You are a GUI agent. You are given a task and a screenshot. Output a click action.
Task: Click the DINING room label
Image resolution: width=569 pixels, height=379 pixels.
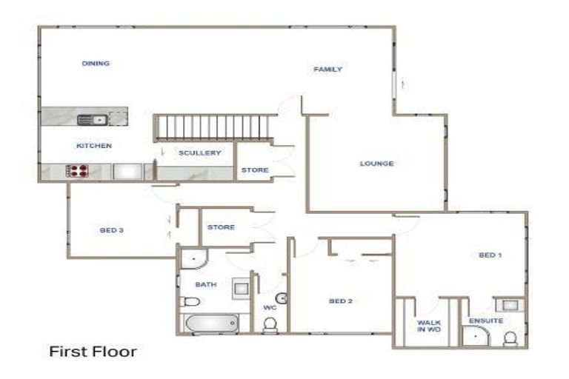(96, 64)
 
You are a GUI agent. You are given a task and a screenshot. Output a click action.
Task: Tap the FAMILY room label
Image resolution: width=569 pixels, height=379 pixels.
(327, 70)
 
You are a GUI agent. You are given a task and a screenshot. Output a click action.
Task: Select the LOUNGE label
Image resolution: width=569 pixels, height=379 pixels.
(376, 164)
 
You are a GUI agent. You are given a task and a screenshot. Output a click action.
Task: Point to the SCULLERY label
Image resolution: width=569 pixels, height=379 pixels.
(200, 153)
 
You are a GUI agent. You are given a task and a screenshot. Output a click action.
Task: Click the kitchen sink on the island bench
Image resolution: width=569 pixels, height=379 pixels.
(93, 118)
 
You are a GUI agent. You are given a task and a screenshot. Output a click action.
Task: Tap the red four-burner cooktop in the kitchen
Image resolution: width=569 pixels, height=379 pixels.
(78, 172)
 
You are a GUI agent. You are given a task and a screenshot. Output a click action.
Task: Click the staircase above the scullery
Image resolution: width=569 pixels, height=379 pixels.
(214, 127)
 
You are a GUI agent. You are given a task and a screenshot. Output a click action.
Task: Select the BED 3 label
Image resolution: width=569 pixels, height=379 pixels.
(111, 230)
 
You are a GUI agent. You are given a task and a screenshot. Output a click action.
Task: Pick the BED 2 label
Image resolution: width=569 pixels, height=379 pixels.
(340, 301)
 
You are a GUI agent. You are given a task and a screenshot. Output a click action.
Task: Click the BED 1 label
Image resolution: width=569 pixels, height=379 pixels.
(490, 255)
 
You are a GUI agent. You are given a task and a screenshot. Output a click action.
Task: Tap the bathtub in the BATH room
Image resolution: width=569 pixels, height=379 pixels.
(210, 324)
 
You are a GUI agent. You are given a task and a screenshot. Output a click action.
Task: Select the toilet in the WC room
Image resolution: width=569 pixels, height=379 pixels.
(270, 323)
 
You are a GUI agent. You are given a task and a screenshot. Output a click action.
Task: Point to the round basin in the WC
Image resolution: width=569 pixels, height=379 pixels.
(282, 298)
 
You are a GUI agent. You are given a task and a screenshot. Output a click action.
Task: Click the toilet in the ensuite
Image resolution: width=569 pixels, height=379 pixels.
(510, 338)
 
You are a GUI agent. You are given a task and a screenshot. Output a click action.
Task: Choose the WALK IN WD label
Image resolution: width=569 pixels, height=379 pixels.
(429, 326)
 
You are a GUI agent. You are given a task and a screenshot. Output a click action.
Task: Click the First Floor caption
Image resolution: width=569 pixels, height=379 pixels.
(93, 351)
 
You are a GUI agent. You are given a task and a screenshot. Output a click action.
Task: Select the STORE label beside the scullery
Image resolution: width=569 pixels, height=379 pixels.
(254, 170)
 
